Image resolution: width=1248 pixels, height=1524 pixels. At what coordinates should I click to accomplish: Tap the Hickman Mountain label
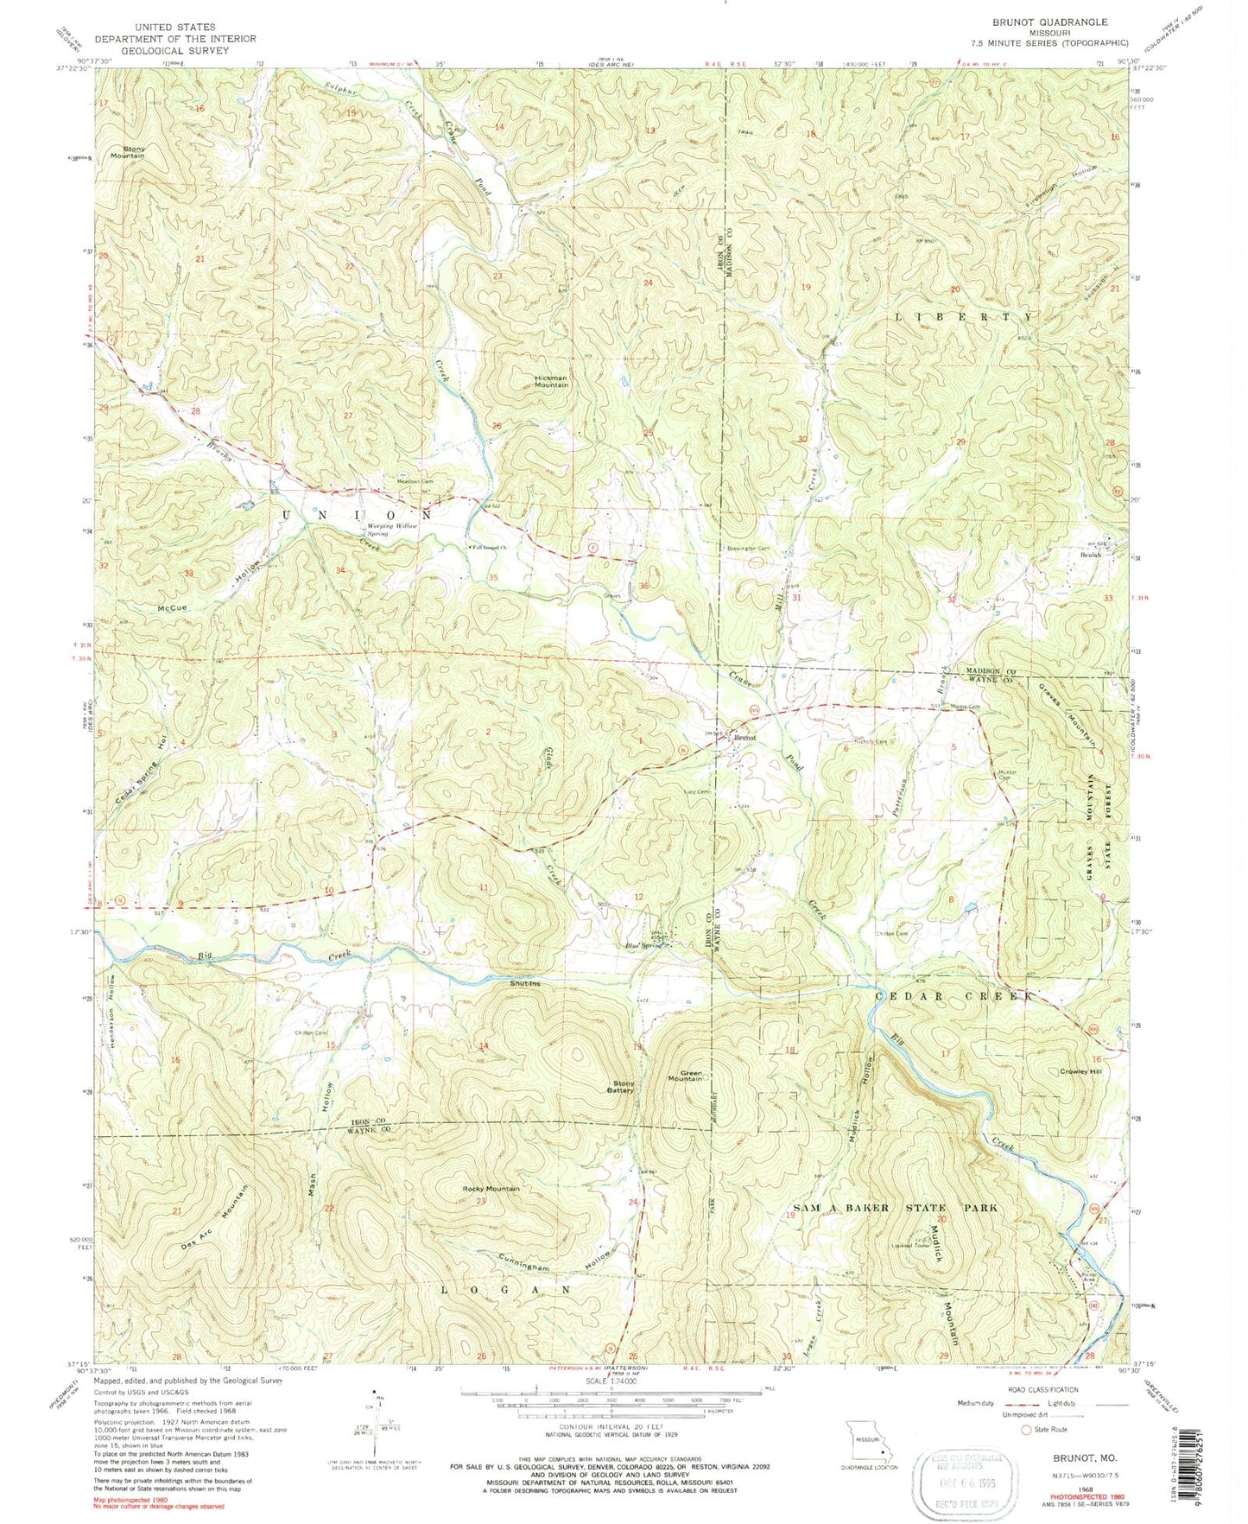coord(550,381)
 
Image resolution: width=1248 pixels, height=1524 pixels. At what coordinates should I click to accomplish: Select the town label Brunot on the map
coord(745,738)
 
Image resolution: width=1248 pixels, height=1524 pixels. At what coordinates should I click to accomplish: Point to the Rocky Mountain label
coord(491,1189)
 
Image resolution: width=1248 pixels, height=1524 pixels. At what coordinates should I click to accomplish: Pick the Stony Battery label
coord(623,1087)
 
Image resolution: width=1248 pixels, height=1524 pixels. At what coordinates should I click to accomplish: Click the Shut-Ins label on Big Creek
coord(526,982)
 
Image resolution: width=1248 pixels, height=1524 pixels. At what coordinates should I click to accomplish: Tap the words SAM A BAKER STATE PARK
coord(895,1207)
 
